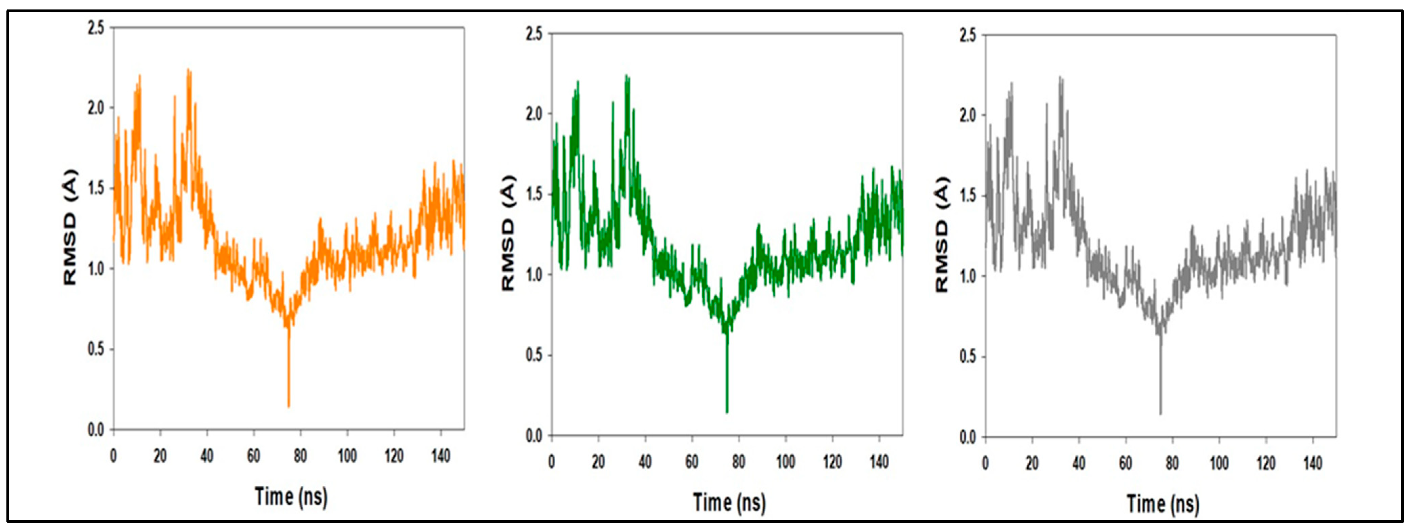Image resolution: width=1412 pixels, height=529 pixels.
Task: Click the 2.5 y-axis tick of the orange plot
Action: pos(95,27)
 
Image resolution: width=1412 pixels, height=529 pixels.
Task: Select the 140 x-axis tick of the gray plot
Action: pos(1312,463)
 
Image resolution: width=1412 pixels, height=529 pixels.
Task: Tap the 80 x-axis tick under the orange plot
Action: pos(300,456)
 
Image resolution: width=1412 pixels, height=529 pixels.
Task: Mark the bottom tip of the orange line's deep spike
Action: pos(288,407)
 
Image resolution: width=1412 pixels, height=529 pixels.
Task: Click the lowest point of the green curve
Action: pos(727,412)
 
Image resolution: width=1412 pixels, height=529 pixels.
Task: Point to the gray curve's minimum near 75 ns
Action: pos(1160,414)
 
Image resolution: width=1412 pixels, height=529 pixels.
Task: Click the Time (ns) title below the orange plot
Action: pos(291,496)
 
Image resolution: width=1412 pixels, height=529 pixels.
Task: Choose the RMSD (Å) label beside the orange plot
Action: pos(70,227)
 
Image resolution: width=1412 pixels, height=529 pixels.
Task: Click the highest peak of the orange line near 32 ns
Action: pos(188,70)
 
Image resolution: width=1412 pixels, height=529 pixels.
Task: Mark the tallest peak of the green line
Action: pos(626,75)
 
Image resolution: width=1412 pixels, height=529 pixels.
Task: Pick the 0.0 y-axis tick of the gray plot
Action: pos(968,437)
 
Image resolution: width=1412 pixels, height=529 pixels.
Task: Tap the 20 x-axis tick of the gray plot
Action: pos(1032,463)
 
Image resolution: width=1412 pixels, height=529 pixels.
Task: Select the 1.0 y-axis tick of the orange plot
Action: pos(95,269)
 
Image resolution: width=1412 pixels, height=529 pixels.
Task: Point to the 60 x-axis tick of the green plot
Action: pos(692,462)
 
